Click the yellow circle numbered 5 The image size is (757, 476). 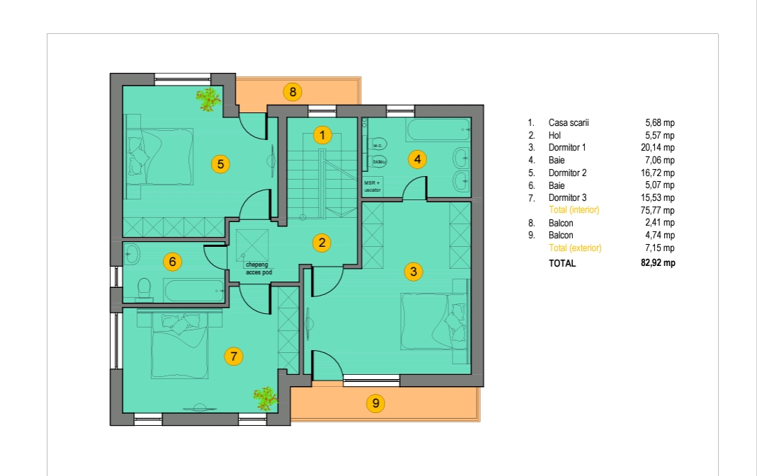click(221, 164)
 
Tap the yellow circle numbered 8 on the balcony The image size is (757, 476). click(292, 92)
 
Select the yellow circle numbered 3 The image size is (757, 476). click(414, 272)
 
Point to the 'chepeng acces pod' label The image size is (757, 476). click(258, 269)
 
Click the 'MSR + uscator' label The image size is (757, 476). click(372, 186)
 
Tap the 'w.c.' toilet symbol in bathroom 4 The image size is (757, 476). click(377, 145)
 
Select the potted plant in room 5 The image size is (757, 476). click(209, 99)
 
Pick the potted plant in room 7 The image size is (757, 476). click(265, 398)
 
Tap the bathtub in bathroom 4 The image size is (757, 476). click(438, 129)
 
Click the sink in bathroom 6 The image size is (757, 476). click(132, 254)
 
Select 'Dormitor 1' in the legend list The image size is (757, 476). click(567, 148)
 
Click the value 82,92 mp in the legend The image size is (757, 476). click(658, 263)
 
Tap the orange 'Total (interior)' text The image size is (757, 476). click(574, 210)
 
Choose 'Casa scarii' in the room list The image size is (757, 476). click(569, 122)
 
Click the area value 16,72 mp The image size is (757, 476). click(658, 173)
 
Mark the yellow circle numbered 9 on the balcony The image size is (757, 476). click(375, 402)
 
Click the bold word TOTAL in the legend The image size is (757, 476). click(562, 263)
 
